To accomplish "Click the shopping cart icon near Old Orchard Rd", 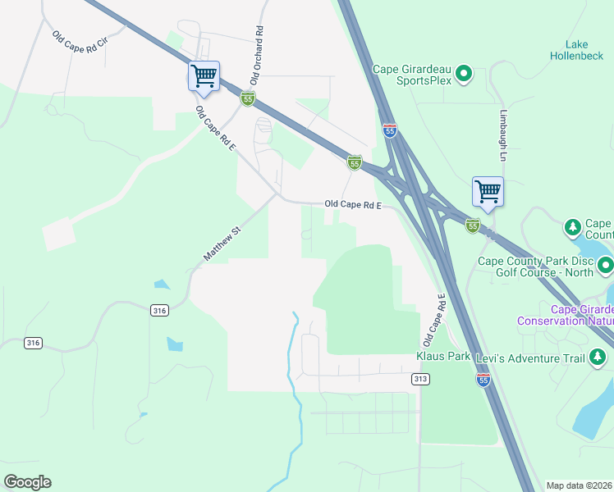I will point(204,76).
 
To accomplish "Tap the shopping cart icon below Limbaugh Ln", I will point(488,192).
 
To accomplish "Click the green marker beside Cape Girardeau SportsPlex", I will point(464,75).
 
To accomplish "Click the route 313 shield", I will point(420,379).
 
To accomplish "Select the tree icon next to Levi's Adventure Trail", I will point(598,357).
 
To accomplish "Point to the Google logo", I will point(27,482).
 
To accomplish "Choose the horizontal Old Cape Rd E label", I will point(353,204).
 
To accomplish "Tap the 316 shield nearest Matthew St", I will point(159,310).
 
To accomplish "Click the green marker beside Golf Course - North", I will point(605,265).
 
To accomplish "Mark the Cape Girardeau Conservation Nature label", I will point(565,315).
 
